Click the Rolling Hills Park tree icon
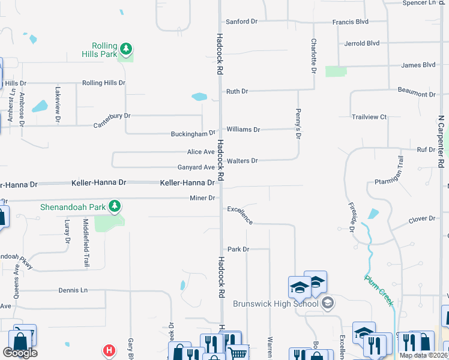click(125, 48)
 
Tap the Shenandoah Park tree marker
click(115, 207)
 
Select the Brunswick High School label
click(275, 304)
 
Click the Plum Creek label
click(379, 290)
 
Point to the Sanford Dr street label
click(241, 22)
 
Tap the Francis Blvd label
click(350, 22)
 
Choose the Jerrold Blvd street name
click(362, 43)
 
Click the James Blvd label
click(418, 65)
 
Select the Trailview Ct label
click(369, 117)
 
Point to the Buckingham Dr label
click(193, 133)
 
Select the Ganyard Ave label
click(196, 167)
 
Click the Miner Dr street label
click(202, 198)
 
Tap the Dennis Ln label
click(73, 290)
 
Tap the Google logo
click(20, 353)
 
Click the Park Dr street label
click(238, 249)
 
